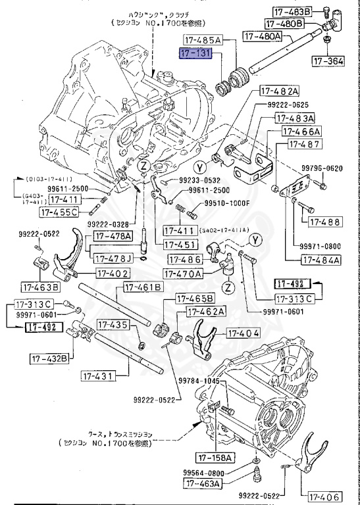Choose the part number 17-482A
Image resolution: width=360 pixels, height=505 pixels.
click(x=279, y=91)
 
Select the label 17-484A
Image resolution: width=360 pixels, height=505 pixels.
click(x=321, y=259)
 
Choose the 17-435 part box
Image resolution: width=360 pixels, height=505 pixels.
click(x=112, y=324)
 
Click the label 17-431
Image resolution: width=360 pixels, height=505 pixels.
click(x=99, y=375)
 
